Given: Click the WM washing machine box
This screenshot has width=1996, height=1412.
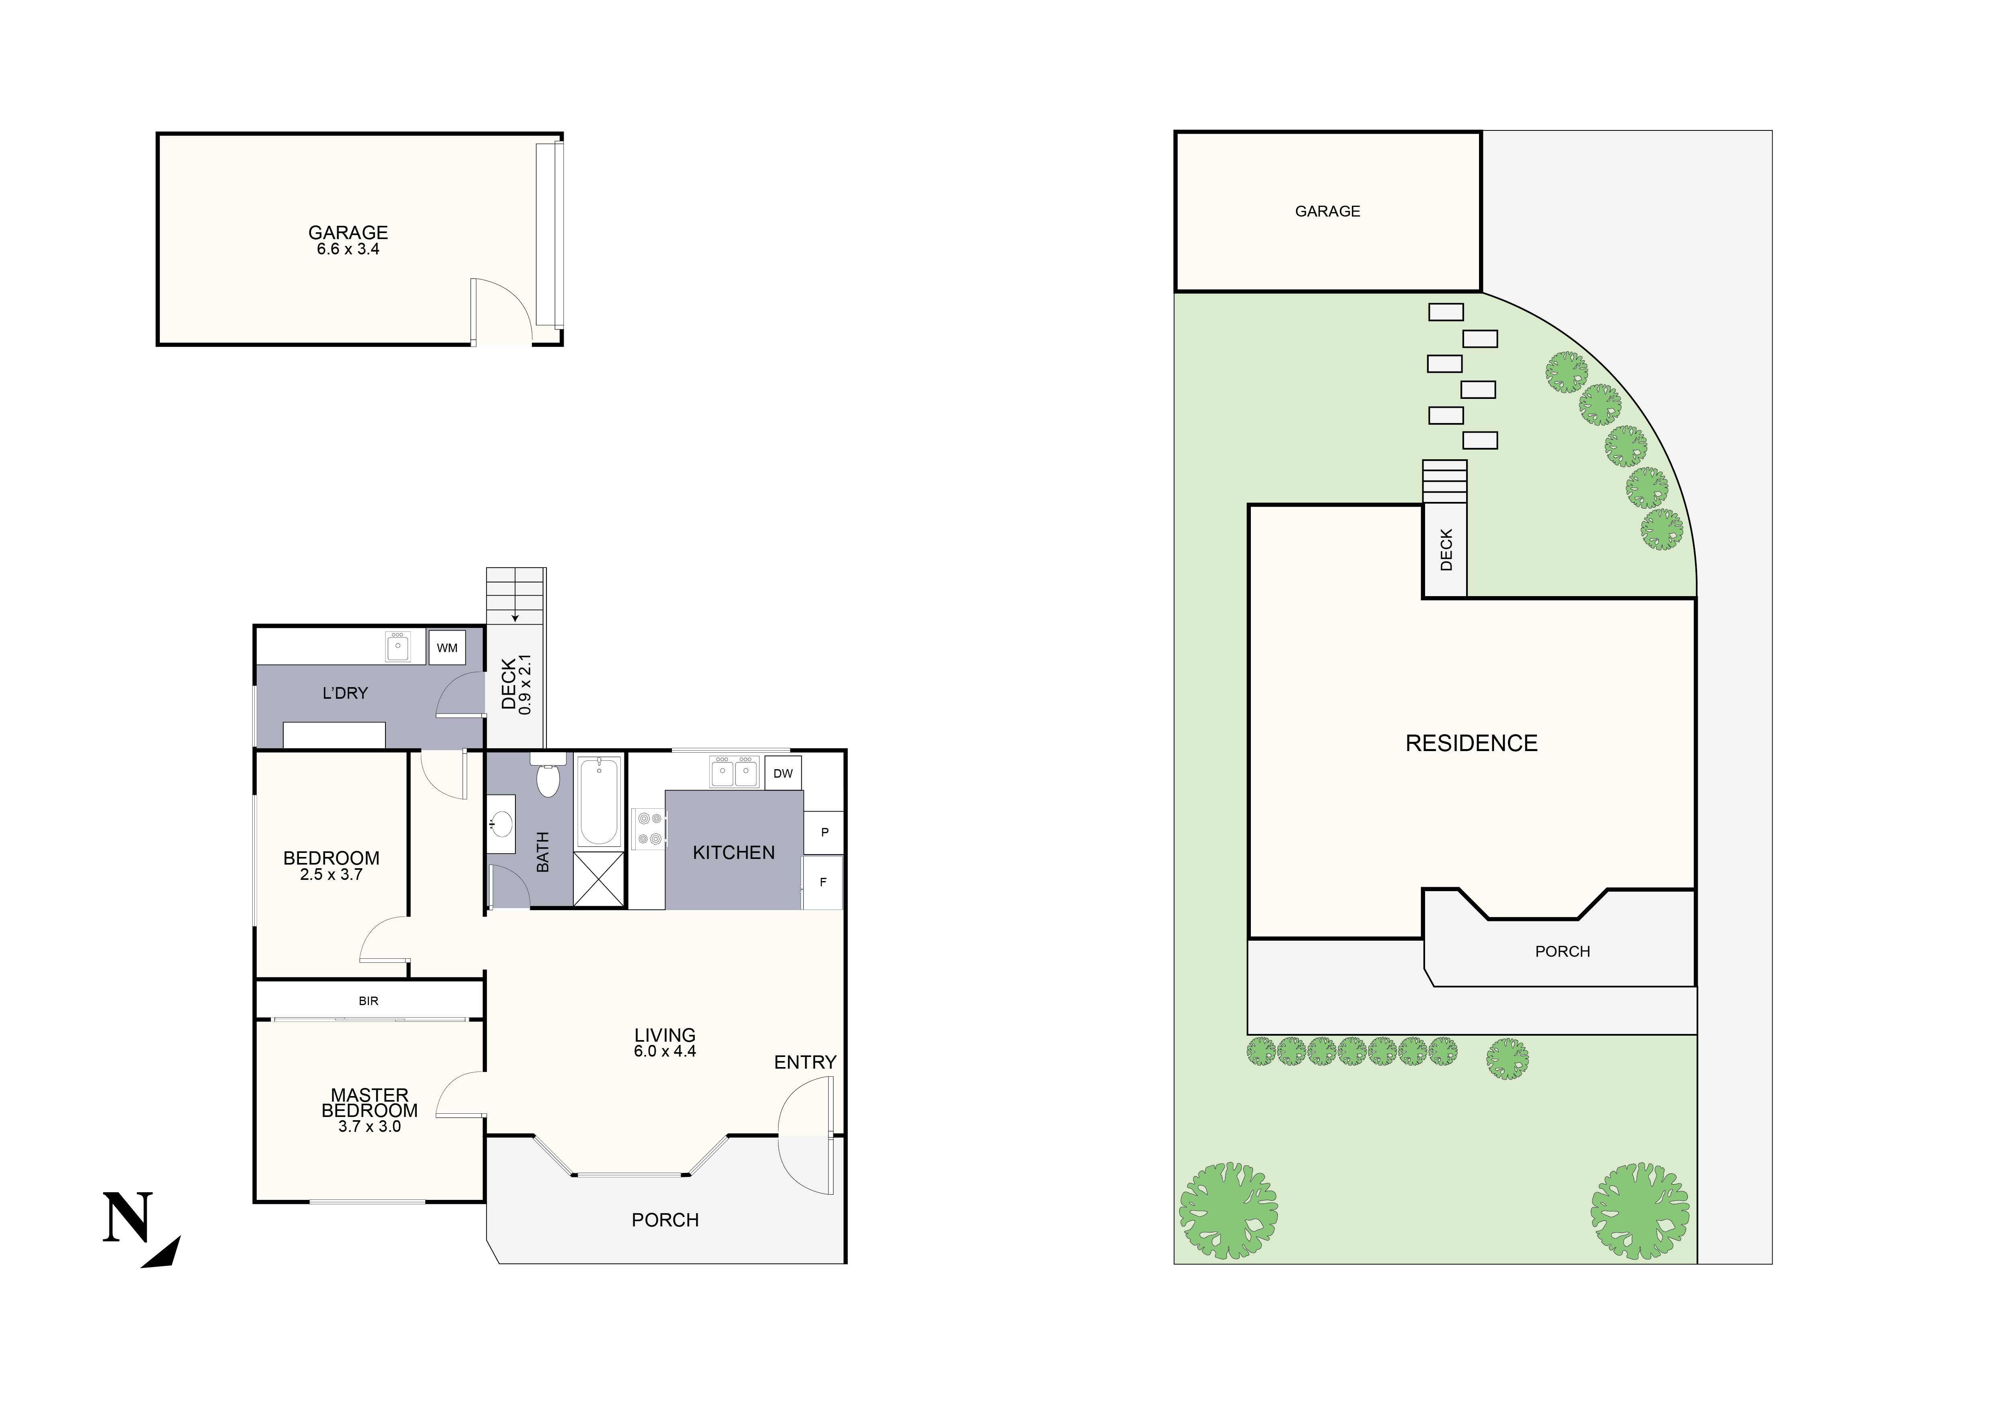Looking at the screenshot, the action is [x=447, y=648].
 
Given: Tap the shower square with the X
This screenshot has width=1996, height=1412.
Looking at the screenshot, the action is [x=599, y=880].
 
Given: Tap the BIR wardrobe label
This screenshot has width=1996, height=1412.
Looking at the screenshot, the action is [x=369, y=1001].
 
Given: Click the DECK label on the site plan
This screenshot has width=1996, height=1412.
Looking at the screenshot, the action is [x=1446, y=550].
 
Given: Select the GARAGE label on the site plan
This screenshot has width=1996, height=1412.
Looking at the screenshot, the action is [x=1327, y=211].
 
